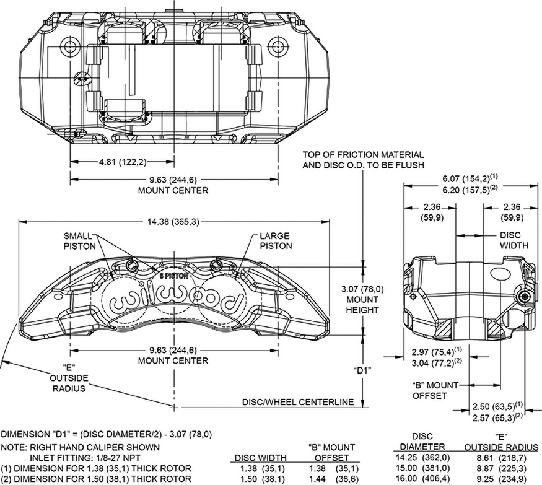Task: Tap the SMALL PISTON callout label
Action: pyautogui.click(x=79, y=240)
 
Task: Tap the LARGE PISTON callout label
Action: pyautogui.click(x=275, y=240)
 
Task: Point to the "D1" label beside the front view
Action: pyautogui.click(x=362, y=370)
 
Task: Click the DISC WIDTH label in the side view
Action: pyautogui.click(x=514, y=240)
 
